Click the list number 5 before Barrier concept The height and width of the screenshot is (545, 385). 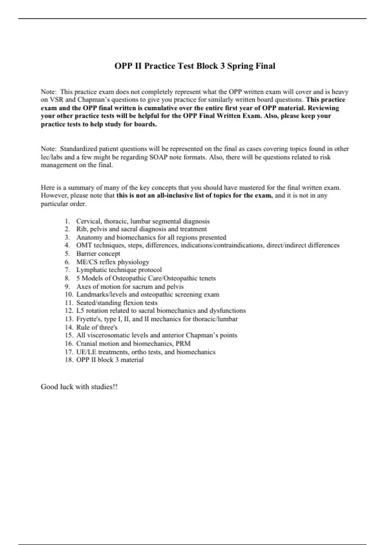pyautogui.click(x=67, y=254)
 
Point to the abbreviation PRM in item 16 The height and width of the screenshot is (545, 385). pyautogui.click(x=183, y=344)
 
